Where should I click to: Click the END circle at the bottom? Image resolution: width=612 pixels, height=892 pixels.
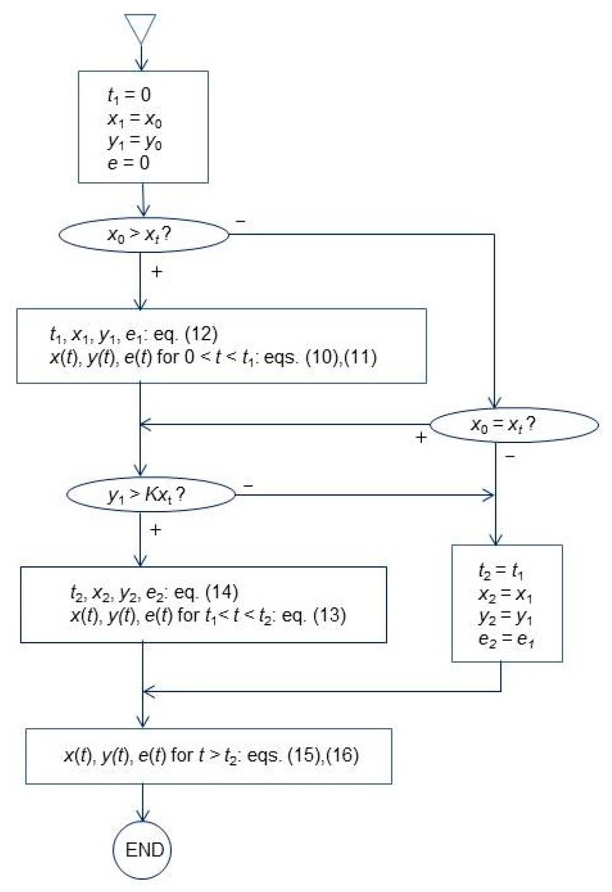[143, 850]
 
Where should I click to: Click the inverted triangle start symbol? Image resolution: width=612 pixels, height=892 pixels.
[140, 28]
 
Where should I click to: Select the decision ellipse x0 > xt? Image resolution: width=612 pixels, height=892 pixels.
[143, 234]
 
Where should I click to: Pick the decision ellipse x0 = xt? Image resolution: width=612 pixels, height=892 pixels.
[514, 425]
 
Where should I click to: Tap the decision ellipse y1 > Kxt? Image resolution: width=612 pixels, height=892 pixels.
[151, 495]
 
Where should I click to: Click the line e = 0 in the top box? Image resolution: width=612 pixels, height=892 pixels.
[128, 163]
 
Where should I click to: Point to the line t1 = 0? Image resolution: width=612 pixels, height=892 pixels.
[129, 94]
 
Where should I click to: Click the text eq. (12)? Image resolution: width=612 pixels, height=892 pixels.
[186, 334]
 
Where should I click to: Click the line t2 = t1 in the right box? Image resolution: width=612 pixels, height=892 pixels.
[501, 572]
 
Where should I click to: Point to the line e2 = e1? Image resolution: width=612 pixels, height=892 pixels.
[506, 639]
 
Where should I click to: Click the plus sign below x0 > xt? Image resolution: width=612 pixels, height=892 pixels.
[157, 272]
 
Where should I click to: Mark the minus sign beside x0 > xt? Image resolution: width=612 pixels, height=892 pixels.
[240, 221]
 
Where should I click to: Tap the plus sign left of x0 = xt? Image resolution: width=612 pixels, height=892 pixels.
[421, 438]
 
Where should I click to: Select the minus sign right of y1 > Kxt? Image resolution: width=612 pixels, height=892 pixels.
[248, 485]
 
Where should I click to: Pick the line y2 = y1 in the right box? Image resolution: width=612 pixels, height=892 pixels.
[506, 616]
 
